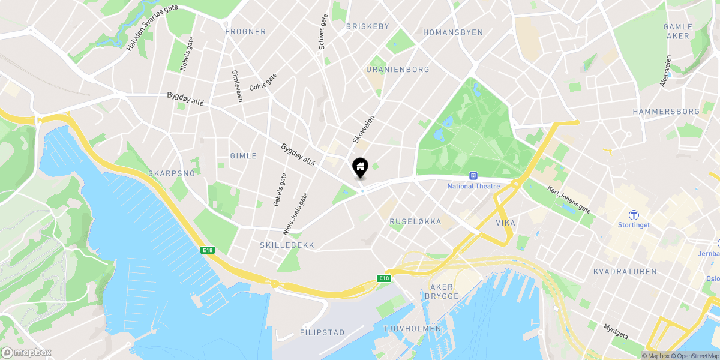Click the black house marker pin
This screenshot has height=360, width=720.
[360, 167]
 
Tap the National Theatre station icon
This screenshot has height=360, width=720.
[473, 176]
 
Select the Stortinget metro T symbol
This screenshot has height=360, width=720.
[633, 215]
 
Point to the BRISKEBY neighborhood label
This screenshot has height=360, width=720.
[368, 26]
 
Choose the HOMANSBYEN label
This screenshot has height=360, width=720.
[453, 32]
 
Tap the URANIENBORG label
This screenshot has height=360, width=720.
[398, 70]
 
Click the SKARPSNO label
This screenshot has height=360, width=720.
[172, 173]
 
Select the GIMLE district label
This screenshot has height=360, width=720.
[244, 156]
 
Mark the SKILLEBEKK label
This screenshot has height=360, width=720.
[287, 245]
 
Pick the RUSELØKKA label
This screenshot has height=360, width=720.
[415, 222]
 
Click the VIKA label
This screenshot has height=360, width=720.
[505, 223]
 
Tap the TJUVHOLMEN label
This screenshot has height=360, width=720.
[412, 329]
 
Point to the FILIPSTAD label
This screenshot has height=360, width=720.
[322, 332]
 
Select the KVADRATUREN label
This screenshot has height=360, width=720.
[625, 272]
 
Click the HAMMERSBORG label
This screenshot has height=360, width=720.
[666, 112]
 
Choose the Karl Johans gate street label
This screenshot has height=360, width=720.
[569, 199]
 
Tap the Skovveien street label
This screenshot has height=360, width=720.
[364, 130]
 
